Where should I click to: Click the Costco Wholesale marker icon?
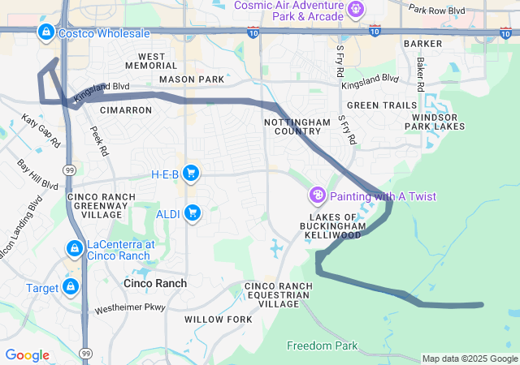tap(46, 32)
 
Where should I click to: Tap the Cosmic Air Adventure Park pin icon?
tap(355, 10)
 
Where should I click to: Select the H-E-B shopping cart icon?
tap(191, 174)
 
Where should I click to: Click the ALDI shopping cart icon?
tap(192, 213)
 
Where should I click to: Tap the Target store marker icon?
tap(71, 287)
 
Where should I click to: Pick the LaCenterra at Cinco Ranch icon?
tap(74, 247)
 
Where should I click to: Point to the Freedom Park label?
tap(322, 346)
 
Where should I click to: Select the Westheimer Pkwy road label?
tap(129, 308)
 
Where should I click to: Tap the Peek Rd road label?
tap(99, 140)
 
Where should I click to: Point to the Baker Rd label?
tap(420, 74)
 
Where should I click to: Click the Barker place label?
tap(422, 43)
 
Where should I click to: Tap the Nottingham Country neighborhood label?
tap(297, 126)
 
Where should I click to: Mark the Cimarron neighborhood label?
tap(126, 109)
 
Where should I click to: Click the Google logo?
tap(27, 355)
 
